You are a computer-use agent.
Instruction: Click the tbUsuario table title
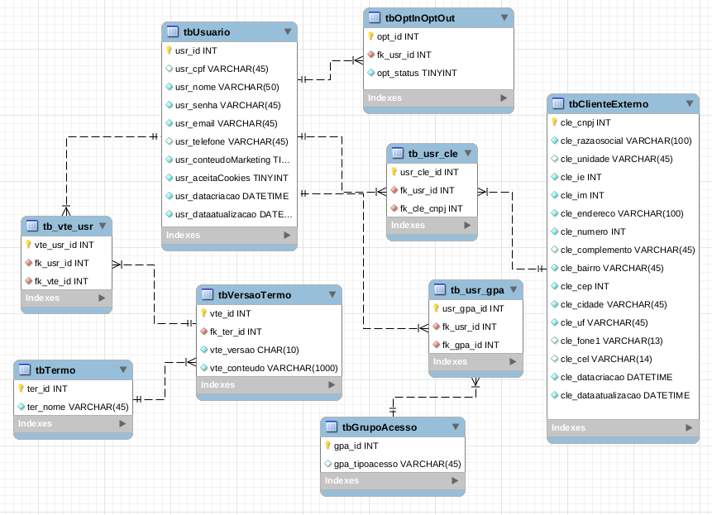coord(207,32)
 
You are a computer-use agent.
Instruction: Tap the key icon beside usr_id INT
coord(169,50)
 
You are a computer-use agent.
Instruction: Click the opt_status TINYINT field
coord(416,73)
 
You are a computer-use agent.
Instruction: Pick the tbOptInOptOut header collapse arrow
coord(504,17)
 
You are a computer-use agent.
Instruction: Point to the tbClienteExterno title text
coord(609,104)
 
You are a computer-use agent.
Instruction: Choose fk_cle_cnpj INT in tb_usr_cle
coord(431,208)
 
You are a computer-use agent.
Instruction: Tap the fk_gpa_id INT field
coord(470,345)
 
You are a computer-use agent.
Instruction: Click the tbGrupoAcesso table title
coord(380,427)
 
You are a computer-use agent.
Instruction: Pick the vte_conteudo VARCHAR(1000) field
coord(273,368)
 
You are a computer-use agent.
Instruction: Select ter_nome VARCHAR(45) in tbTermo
coord(78,407)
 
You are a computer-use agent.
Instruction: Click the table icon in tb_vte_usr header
coord(32,227)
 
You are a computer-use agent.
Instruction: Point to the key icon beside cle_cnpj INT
coord(554,122)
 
